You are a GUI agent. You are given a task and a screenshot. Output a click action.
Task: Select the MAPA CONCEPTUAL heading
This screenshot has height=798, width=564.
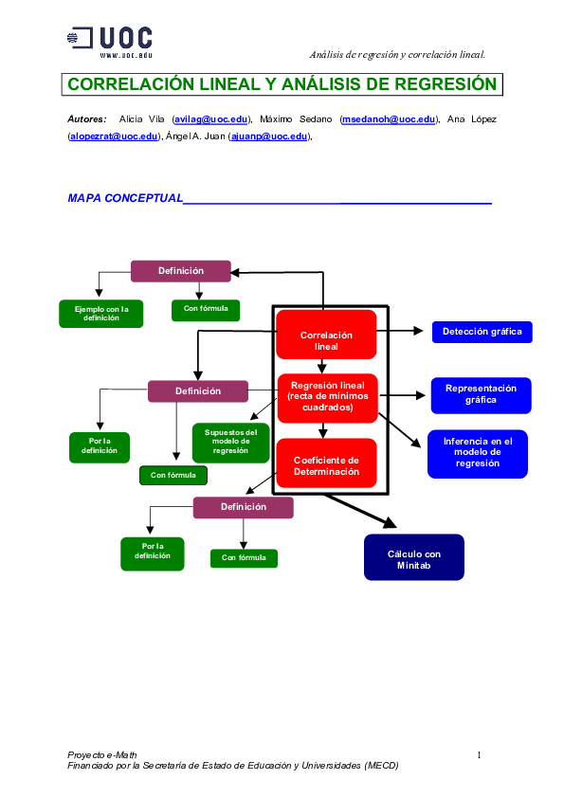point(124,198)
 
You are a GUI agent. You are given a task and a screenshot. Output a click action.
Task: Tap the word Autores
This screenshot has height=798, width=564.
point(87,119)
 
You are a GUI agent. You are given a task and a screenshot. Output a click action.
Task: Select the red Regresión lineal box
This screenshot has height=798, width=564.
point(327,396)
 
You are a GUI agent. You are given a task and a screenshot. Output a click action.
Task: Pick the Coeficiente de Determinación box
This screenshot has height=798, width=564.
point(326,464)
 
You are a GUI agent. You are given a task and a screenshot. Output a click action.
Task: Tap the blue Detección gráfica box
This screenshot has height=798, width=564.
point(482,332)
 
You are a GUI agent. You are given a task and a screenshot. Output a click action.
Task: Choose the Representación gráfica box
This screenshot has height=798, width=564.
point(481,394)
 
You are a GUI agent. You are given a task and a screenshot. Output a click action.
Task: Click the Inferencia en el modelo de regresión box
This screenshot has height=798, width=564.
point(478,452)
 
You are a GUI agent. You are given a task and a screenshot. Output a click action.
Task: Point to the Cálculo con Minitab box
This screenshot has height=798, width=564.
point(414,559)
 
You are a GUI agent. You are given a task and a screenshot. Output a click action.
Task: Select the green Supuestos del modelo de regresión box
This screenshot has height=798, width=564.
point(230,443)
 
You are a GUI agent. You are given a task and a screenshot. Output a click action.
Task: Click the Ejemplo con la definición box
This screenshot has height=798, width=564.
point(101,314)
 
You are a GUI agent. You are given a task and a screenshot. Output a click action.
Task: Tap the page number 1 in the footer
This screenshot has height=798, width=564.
point(480,754)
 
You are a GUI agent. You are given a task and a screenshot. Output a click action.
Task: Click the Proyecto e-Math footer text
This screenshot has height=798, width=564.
point(96,754)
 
